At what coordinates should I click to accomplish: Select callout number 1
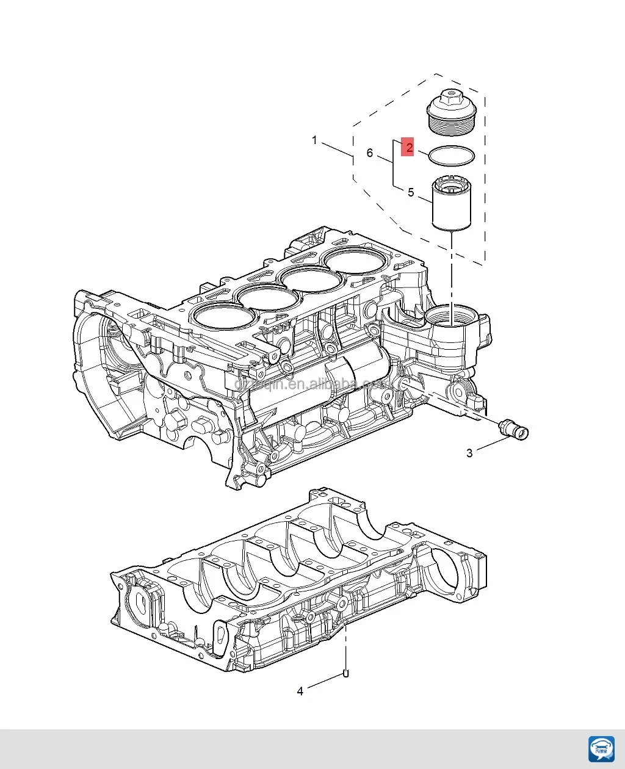click(x=315, y=140)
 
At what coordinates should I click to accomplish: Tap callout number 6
click(x=369, y=153)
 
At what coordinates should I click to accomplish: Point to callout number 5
click(x=411, y=192)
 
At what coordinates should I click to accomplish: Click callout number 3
click(x=469, y=453)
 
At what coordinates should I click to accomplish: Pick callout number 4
click(x=300, y=691)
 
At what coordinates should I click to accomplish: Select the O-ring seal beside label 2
click(x=451, y=156)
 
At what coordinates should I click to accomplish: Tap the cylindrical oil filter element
click(x=450, y=204)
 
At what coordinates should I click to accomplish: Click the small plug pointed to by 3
click(x=513, y=429)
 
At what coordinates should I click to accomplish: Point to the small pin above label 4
click(x=345, y=674)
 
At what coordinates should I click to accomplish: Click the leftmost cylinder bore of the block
click(x=222, y=317)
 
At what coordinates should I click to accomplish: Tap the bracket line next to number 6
click(x=393, y=164)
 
